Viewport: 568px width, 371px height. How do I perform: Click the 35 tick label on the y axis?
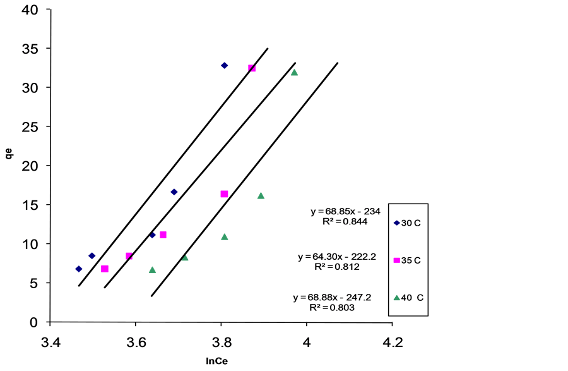pyautogui.click(x=30, y=49)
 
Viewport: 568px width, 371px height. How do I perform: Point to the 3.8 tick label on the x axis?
pyautogui.click(x=221, y=342)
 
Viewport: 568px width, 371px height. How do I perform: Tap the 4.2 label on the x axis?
pyautogui.click(x=393, y=342)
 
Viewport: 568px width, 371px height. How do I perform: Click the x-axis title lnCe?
pyautogui.click(x=216, y=362)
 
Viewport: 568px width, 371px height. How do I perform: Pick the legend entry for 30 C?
pyautogui.click(x=407, y=223)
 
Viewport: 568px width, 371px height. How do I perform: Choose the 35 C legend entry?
pyautogui.click(x=407, y=260)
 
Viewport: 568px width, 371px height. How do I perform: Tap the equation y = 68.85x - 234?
pyautogui.click(x=346, y=211)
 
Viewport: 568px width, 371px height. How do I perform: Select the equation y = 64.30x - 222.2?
pyautogui.click(x=337, y=257)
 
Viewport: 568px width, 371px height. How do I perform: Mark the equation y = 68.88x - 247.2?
pyautogui.click(x=332, y=298)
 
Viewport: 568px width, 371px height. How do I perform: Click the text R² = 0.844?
pyautogui.click(x=345, y=221)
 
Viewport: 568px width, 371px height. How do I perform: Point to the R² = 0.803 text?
pyautogui.click(x=332, y=308)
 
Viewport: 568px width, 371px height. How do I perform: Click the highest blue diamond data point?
pyautogui.click(x=224, y=66)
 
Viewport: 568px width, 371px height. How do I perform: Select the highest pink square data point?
pyautogui.click(x=252, y=68)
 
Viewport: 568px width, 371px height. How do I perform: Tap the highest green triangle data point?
pyautogui.click(x=294, y=73)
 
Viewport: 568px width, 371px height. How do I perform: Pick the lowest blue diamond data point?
pyautogui.click(x=79, y=269)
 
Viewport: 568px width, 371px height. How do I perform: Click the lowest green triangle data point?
pyautogui.click(x=152, y=270)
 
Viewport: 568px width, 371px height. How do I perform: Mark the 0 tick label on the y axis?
pyautogui.click(x=33, y=322)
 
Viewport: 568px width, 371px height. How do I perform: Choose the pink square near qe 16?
pyautogui.click(x=224, y=194)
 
